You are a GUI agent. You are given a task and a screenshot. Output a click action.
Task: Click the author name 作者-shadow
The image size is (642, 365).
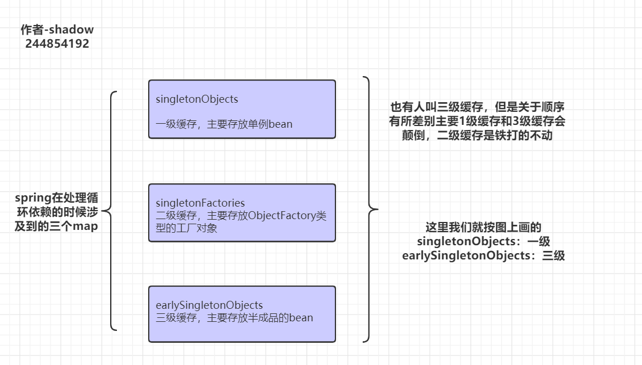57,30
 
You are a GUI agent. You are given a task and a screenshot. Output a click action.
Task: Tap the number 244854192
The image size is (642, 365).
57,44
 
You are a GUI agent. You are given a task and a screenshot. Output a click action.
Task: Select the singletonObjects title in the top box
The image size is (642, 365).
197,99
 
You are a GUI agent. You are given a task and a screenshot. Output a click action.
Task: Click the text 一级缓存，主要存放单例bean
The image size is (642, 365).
224,124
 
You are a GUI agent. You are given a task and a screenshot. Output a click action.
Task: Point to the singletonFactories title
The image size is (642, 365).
200,203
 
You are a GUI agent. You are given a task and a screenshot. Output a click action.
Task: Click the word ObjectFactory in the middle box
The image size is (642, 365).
280,216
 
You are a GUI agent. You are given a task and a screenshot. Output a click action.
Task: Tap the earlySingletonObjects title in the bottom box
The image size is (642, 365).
209,305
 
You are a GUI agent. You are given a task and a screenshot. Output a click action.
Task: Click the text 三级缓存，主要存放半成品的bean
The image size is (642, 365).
234,318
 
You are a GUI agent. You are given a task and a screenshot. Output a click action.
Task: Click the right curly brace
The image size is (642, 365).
370,209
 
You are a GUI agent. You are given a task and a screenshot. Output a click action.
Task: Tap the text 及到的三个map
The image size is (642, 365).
57,226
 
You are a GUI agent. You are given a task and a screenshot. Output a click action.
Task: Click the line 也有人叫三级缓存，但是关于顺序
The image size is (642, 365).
477,107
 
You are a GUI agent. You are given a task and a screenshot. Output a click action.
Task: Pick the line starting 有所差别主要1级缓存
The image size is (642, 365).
477,121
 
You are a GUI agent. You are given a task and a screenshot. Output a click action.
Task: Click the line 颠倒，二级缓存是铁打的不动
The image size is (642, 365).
477,136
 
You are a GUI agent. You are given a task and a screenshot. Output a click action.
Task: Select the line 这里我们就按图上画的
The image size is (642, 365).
483,227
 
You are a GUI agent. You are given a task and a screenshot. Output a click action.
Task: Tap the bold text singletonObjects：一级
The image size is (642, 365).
483,241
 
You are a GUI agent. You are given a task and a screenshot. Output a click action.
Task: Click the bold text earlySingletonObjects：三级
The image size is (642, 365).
483,255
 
